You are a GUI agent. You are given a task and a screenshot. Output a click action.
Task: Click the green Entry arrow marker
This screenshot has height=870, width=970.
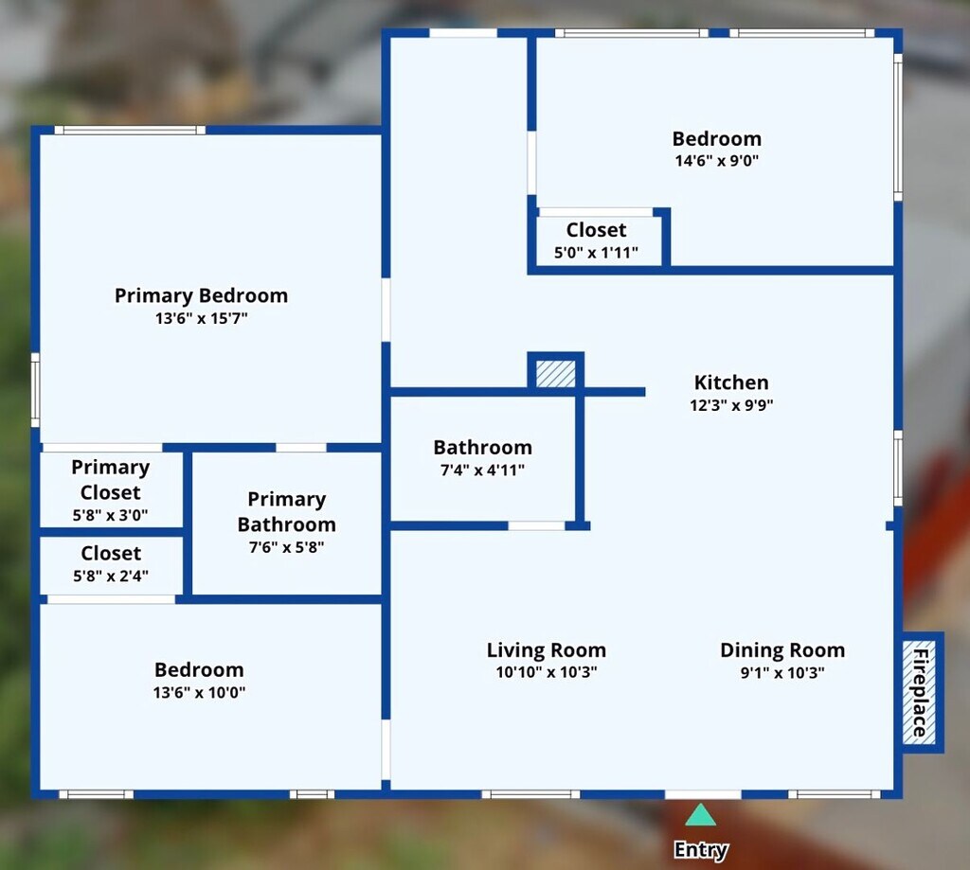(x=700, y=815)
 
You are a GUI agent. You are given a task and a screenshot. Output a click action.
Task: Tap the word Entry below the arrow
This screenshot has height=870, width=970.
(x=701, y=850)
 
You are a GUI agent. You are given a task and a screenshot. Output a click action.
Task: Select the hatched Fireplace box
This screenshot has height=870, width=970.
(x=919, y=693)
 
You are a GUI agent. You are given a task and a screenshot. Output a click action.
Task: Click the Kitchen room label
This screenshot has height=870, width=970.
(x=731, y=382)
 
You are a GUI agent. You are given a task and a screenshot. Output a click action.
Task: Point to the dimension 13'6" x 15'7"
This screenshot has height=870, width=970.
(x=201, y=318)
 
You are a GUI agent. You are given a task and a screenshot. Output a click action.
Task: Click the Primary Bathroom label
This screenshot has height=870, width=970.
(x=287, y=511)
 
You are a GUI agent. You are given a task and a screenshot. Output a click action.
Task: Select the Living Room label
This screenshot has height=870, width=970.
(x=547, y=649)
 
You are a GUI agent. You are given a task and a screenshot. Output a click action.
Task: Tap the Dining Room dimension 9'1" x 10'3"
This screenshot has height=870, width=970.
(x=782, y=673)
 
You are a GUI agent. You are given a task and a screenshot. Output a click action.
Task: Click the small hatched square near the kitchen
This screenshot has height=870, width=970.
(x=555, y=374)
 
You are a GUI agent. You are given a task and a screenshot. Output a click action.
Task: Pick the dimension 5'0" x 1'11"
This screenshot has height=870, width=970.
(x=597, y=252)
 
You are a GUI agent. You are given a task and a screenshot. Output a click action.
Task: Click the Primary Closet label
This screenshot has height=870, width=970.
(x=111, y=480)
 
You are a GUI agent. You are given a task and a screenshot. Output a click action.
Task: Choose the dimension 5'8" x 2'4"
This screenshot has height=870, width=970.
(x=111, y=577)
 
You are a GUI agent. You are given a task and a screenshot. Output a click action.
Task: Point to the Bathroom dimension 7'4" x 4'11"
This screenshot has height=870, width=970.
(x=482, y=470)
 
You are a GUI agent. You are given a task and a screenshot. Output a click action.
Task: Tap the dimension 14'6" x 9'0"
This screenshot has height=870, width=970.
(x=717, y=161)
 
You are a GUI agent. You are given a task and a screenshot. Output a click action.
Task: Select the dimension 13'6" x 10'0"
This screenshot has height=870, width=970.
(x=199, y=693)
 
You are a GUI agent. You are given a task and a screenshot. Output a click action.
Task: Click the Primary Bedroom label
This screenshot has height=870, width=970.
(x=201, y=295)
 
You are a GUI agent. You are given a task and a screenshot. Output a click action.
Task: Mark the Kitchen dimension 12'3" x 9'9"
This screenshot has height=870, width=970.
(x=732, y=405)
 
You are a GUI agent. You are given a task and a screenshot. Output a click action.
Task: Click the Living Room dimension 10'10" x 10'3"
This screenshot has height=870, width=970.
(x=547, y=672)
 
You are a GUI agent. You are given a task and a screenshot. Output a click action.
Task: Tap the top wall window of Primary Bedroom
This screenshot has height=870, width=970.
(x=130, y=130)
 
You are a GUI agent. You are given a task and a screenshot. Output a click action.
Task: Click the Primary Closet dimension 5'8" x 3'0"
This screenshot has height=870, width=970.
(x=110, y=515)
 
